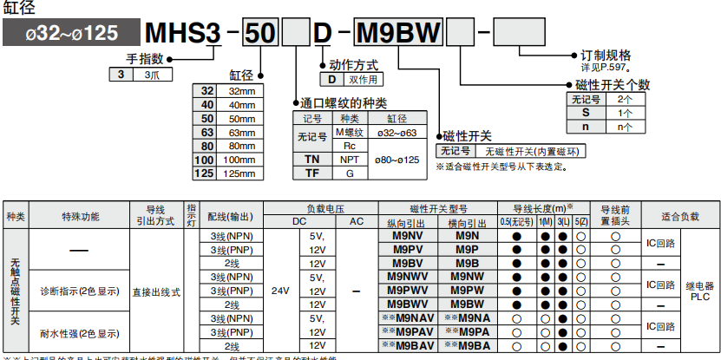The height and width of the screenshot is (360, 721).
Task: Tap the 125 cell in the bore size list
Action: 205,173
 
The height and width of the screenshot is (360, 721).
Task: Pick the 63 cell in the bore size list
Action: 206,132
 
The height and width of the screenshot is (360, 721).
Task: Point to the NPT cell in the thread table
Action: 350,160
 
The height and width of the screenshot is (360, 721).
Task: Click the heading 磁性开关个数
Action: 613,85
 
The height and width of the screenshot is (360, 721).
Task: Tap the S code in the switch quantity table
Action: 586,113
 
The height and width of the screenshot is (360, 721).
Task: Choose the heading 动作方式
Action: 353,65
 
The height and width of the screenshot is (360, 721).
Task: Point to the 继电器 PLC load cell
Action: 699,291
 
